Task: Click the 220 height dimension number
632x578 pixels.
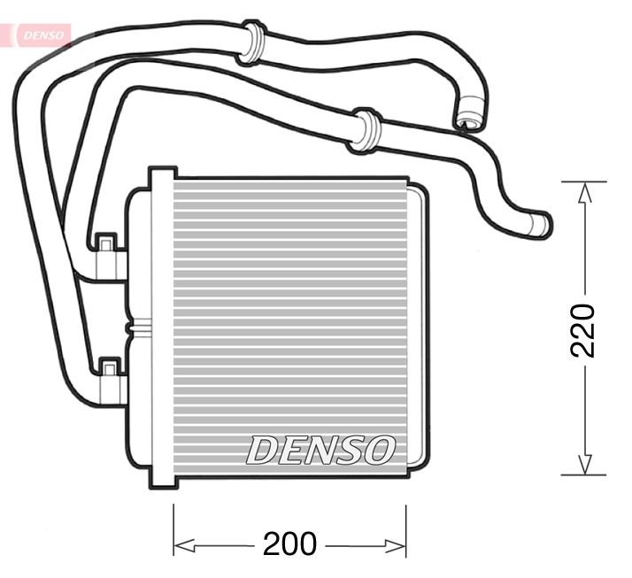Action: [x=583, y=329]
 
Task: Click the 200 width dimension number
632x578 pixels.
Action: [x=289, y=544]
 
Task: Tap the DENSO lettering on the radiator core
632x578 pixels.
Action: [x=320, y=450]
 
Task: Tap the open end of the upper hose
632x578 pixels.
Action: [x=469, y=119]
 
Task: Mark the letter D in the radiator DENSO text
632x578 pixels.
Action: [x=262, y=450]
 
